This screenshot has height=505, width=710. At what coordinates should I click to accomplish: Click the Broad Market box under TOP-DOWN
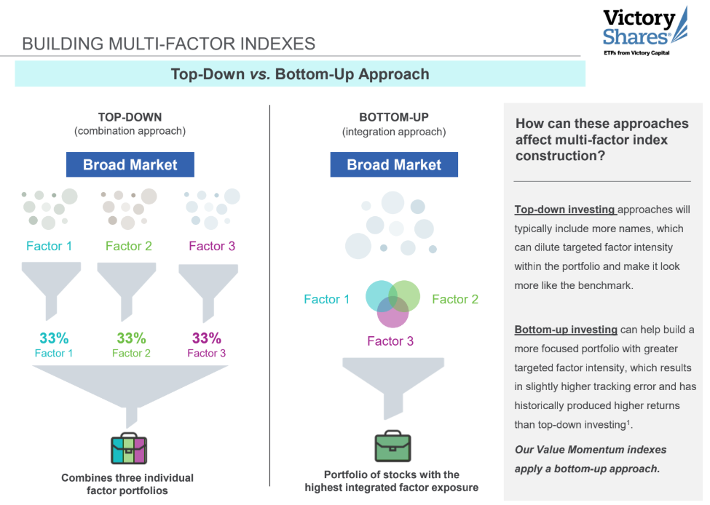coord(130,164)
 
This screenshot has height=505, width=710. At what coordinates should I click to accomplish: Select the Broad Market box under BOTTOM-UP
coord(394,164)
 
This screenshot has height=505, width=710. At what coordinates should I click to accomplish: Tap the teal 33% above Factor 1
coord(54,338)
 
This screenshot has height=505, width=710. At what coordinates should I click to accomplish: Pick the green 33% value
coord(131,338)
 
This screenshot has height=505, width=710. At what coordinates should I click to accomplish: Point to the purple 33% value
coord(207,338)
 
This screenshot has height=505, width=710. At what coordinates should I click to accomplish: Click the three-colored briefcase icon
coord(129,449)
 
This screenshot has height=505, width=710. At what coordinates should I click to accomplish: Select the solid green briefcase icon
coord(393,446)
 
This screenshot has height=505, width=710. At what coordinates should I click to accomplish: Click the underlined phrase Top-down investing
coord(564,210)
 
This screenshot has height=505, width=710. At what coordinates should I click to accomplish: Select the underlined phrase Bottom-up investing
coord(566,330)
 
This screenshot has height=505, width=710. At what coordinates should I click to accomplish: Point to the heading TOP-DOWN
coord(130,117)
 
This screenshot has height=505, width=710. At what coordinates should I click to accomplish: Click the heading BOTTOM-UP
coord(394,117)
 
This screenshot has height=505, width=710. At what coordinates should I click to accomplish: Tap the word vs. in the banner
coord(260,74)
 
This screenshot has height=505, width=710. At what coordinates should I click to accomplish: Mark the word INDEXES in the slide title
coord(277,44)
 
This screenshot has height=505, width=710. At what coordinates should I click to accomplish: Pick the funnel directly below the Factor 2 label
coord(127,292)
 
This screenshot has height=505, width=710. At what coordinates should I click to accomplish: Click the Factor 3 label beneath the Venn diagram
coord(390,341)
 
